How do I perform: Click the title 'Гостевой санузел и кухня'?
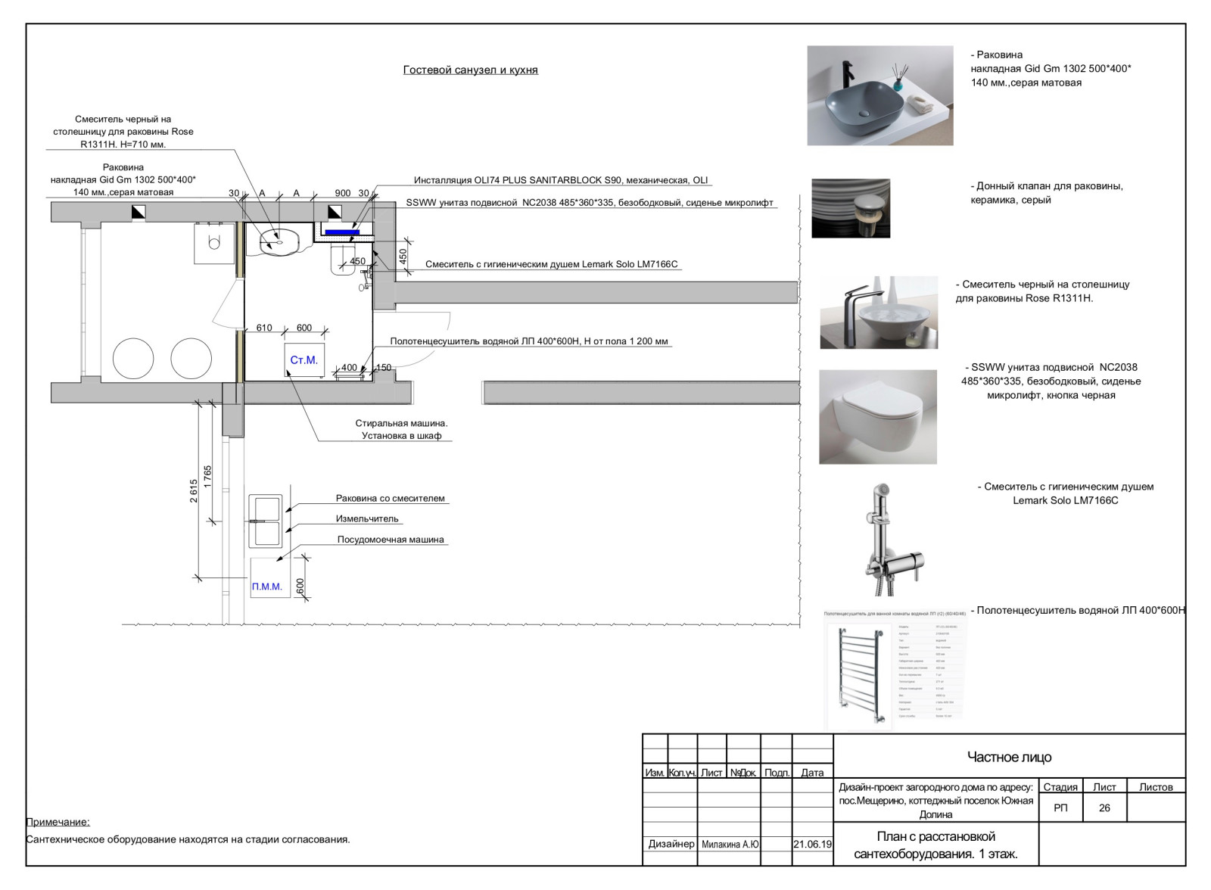[470, 70]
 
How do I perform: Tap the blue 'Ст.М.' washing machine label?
[304, 360]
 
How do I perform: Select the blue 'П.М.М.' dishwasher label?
[266, 587]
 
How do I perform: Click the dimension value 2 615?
[194, 490]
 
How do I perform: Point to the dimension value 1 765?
[208, 477]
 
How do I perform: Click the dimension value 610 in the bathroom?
[264, 328]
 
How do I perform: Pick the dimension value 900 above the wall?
[342, 193]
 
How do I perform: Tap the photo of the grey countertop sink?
[879, 95]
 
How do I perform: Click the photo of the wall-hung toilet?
[877, 417]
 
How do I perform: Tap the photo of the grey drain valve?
[851, 208]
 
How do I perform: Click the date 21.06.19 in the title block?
[812, 844]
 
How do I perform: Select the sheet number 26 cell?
[1104, 808]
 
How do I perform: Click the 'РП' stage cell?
[1060, 808]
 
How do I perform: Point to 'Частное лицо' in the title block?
[1009, 757]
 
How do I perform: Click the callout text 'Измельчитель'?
[367, 518]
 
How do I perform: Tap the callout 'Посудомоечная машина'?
[391, 540]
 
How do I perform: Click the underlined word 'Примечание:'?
[58, 822]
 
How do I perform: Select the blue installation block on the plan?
[342, 232]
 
